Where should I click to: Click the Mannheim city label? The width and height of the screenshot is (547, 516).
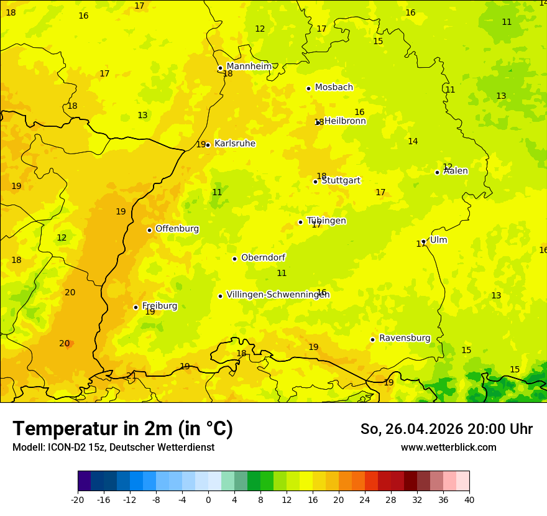point(249,66)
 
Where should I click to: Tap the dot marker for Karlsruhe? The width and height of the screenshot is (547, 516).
point(208,145)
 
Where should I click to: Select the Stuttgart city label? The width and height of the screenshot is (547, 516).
point(341,180)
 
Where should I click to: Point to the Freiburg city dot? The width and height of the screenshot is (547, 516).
point(136,307)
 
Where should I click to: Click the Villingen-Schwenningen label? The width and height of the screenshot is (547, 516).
point(278,295)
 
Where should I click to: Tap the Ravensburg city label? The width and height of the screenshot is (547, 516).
point(405,338)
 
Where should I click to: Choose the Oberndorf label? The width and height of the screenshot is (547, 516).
point(264,257)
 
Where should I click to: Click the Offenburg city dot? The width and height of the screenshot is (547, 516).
point(149,230)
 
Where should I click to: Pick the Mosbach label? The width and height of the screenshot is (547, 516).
point(334,87)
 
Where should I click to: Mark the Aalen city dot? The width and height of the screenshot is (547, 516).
point(437,172)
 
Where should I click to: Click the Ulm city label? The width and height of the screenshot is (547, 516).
point(439,240)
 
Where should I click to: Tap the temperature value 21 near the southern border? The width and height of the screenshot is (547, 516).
point(131,375)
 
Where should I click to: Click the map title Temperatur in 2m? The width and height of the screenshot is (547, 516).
point(122,429)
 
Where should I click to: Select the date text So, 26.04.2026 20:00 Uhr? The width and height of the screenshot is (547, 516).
point(446,429)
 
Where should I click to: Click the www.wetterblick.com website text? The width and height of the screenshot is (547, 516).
point(448,448)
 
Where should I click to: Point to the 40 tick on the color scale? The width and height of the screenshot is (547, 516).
point(469,499)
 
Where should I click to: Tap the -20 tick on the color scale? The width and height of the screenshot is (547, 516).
point(78,499)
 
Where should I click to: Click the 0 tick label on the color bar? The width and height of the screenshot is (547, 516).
point(208,499)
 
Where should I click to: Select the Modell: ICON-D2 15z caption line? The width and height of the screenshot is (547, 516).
point(113,448)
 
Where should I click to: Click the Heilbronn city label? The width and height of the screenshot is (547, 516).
point(345,121)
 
